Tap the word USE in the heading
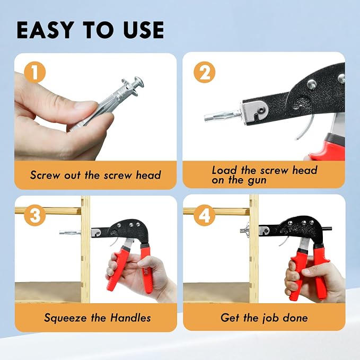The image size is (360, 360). (144, 30)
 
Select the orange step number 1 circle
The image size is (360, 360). (35, 72)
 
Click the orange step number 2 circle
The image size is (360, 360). (204, 72)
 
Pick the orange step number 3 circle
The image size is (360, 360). (35, 215)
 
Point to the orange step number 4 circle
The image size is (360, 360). (204, 215)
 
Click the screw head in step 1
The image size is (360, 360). (139, 83)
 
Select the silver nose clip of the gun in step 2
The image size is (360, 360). (254, 110)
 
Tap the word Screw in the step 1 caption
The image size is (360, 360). (45, 175)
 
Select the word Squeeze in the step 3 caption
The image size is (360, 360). (65, 318)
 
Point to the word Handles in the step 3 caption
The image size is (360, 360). (130, 318)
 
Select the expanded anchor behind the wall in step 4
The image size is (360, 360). (245, 229)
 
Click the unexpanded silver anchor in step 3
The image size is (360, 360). (71, 232)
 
